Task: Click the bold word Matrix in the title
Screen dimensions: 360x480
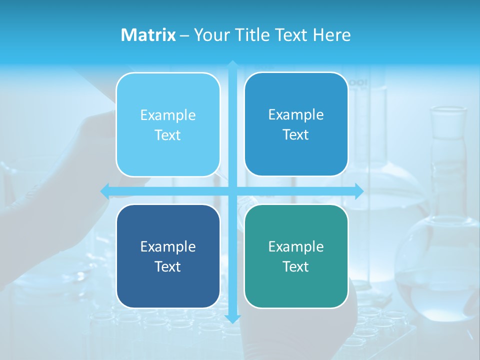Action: pyautogui.click(x=148, y=35)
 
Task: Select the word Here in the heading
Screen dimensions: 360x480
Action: pyautogui.click(x=331, y=35)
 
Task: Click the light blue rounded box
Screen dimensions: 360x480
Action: pyautogui.click(x=168, y=124)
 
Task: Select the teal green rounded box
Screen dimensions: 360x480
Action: pyautogui.click(x=296, y=256)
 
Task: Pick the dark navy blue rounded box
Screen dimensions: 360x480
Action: pyautogui.click(x=168, y=256)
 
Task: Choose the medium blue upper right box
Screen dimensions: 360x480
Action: pyautogui.click(x=296, y=124)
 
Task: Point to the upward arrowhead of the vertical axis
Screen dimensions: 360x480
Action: pyautogui.click(x=232, y=64)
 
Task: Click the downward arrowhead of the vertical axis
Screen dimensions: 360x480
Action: pyautogui.click(x=232, y=318)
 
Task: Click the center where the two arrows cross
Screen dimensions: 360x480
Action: pyautogui.click(x=232, y=191)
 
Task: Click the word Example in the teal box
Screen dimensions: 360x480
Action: pyautogui.click(x=296, y=246)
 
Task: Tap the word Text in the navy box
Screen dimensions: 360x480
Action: pyautogui.click(x=168, y=266)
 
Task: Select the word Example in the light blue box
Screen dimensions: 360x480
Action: pyautogui.click(x=168, y=115)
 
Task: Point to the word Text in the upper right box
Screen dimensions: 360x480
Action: pyautogui.click(x=296, y=134)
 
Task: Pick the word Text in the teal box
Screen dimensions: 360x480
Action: pyautogui.click(x=296, y=266)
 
